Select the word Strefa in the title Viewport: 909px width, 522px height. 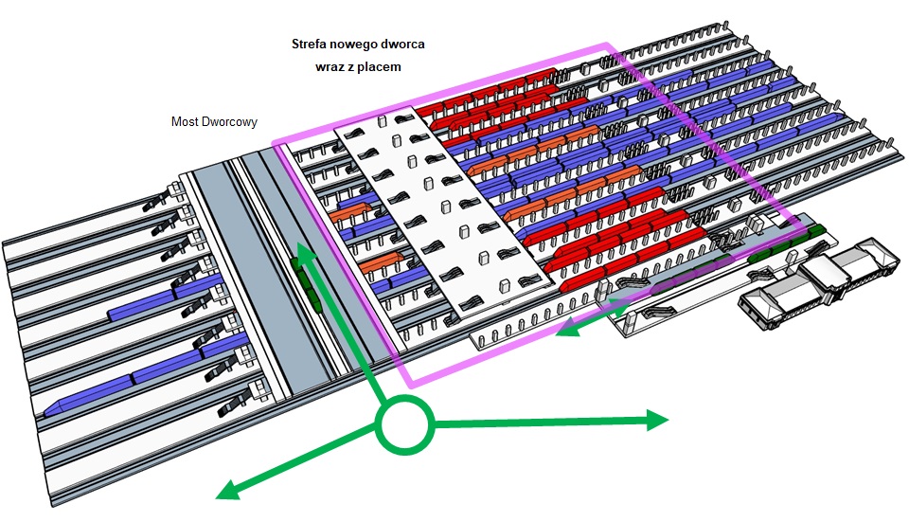[309, 44]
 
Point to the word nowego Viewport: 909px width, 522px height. [358, 44]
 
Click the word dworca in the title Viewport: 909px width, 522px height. [407, 44]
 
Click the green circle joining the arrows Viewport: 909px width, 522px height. [404, 424]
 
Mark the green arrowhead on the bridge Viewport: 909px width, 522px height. [303, 250]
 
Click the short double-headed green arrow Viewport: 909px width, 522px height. [592, 316]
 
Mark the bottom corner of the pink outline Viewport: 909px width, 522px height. [410, 386]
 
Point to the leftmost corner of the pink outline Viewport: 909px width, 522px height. [274, 144]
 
